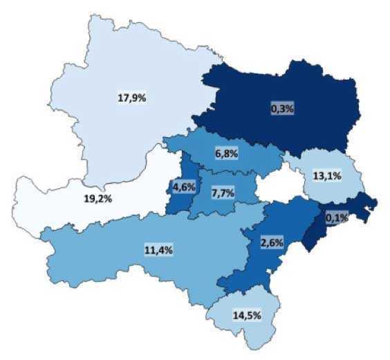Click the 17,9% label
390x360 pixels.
pos(131,98)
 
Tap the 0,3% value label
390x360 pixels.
pos(281,108)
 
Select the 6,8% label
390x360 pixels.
pos(226,154)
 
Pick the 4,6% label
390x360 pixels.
pos(185,188)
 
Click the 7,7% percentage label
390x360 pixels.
pos(223,192)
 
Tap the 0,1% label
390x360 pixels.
pos(336,217)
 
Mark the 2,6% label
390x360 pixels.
pos(271,242)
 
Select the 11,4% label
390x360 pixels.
pos(159,250)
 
